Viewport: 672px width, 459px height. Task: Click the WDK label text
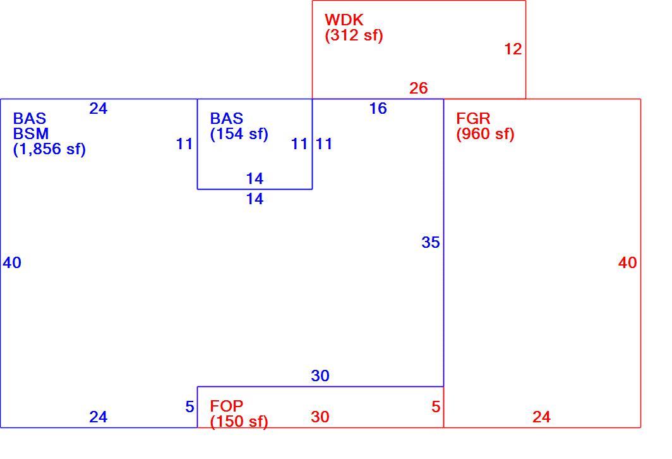click(x=344, y=20)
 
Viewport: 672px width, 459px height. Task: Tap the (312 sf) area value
click(x=354, y=35)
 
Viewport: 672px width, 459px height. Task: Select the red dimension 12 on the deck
click(x=513, y=49)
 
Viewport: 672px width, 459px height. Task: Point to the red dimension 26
click(x=418, y=88)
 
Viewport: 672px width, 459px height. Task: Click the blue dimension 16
click(x=378, y=109)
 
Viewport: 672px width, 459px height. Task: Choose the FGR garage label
click(x=473, y=118)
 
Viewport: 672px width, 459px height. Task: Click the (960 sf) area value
click(x=485, y=134)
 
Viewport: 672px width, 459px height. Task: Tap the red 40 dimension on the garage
click(x=627, y=262)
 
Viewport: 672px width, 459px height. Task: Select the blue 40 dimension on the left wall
click(x=12, y=262)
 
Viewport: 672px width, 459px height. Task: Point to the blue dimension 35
click(x=431, y=242)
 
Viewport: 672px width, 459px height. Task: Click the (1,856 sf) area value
click(x=49, y=149)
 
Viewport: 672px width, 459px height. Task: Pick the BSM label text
click(x=31, y=134)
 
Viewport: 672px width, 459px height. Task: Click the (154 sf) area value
click(x=239, y=134)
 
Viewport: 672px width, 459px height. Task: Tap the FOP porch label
click(x=227, y=406)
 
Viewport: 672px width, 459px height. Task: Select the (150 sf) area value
click(x=239, y=421)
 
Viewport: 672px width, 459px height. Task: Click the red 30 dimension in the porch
click(x=320, y=417)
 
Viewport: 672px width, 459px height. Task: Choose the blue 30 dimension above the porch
click(x=320, y=376)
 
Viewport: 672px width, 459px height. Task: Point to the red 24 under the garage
click(x=541, y=417)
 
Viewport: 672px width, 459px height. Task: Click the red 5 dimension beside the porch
click(x=436, y=407)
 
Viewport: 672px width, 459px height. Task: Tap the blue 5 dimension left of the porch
click(x=190, y=407)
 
